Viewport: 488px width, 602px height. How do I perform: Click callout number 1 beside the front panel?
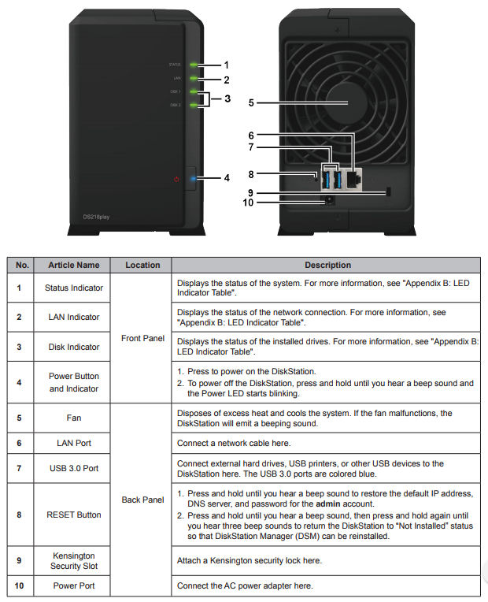pos(226,65)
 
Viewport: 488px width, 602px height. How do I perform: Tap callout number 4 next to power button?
pos(226,178)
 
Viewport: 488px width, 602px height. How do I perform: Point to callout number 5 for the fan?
pos(251,102)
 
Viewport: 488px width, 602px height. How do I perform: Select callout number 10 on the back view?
pos(249,203)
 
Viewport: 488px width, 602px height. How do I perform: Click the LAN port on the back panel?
pos(354,178)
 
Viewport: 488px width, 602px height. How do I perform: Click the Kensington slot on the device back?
pos(389,192)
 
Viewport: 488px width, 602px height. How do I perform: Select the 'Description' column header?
pos(327,266)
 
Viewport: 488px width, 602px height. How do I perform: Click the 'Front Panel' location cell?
pos(142,339)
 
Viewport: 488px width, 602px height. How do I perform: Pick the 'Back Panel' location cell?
pos(142,500)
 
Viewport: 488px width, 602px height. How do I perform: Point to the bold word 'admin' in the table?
pos(328,503)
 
